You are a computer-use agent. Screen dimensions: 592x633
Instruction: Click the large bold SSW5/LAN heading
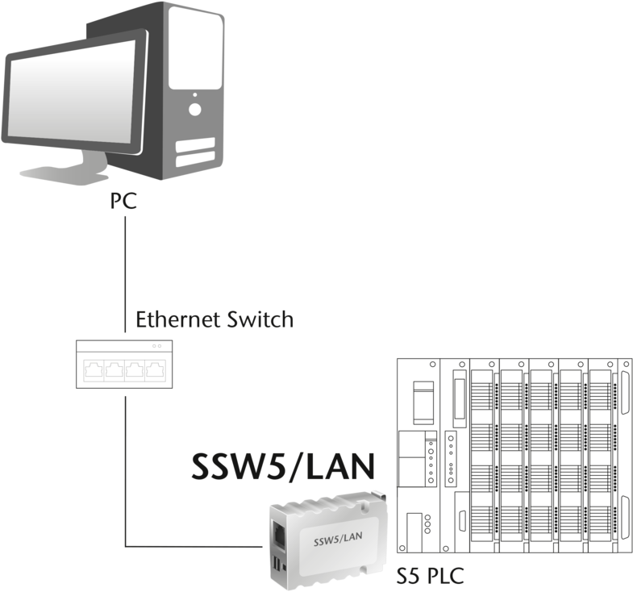pyautogui.click(x=283, y=466)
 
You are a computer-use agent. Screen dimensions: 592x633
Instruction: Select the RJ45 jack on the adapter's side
pyautogui.click(x=278, y=535)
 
